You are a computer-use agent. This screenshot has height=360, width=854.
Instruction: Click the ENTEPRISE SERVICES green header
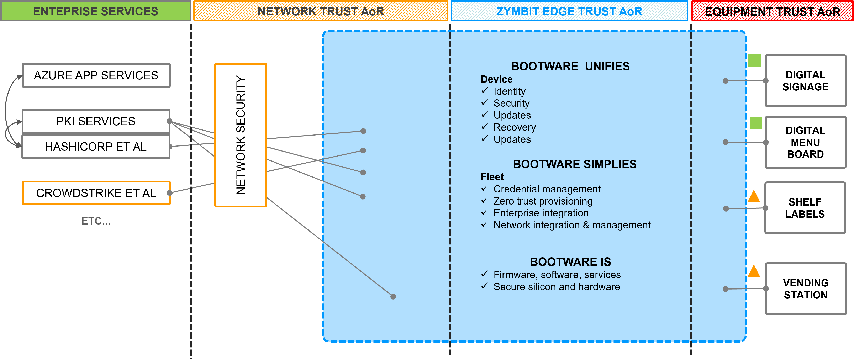(95, 11)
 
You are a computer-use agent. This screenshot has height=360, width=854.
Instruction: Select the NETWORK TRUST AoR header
(321, 11)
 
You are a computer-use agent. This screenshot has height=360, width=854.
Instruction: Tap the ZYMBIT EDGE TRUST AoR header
(569, 11)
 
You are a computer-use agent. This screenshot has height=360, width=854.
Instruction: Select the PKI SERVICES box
(96, 121)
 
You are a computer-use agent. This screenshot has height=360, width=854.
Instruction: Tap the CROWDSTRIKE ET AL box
(96, 193)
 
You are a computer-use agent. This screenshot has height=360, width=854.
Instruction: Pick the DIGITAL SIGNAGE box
(805, 81)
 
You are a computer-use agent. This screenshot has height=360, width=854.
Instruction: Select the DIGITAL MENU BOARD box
(805, 142)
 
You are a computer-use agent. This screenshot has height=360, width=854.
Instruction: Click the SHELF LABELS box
(805, 208)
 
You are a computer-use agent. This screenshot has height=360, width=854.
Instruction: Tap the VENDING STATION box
(806, 289)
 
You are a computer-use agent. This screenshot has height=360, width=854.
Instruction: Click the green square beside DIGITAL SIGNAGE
(755, 61)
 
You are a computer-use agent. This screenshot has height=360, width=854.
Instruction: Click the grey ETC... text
(96, 221)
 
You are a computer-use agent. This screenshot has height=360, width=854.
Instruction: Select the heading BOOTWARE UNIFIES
(570, 66)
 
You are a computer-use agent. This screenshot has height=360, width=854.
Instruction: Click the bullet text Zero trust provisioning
(543, 201)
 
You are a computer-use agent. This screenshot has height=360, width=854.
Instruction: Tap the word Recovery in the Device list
(515, 127)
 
